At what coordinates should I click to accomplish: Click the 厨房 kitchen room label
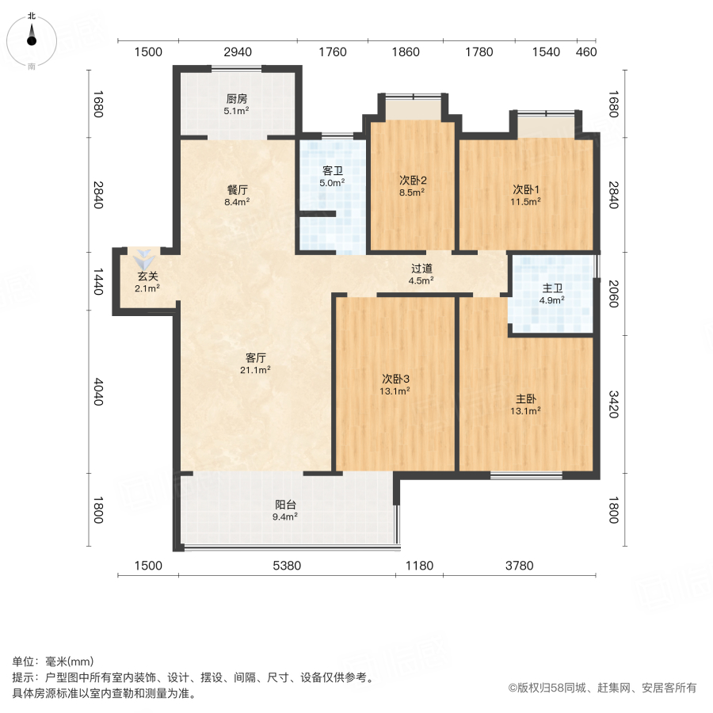click(x=237, y=99)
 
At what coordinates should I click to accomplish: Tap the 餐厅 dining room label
click(x=238, y=190)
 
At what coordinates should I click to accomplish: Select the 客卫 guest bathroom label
click(x=333, y=171)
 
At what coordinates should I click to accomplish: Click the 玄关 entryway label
click(x=147, y=276)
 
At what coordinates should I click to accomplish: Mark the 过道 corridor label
click(x=421, y=268)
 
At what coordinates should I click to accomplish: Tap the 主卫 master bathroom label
click(x=551, y=288)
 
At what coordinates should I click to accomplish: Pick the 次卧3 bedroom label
click(x=395, y=379)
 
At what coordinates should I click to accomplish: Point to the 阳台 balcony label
click(x=286, y=505)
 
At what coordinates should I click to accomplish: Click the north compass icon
click(x=32, y=37)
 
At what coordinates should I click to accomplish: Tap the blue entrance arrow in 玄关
click(x=143, y=258)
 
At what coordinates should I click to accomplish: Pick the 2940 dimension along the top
click(x=237, y=52)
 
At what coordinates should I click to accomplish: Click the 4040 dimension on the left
click(x=98, y=392)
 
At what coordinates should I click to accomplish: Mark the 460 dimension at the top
click(x=585, y=52)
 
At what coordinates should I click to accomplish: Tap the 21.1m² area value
click(x=256, y=369)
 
